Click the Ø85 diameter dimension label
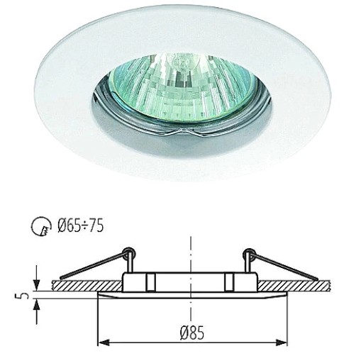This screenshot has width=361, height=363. pyautogui.click(x=191, y=333)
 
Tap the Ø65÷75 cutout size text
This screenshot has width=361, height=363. pyautogui.click(x=80, y=225)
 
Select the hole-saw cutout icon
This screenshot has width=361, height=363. pyautogui.click(x=41, y=226)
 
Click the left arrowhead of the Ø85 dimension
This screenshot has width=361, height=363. pyautogui.click(x=104, y=342)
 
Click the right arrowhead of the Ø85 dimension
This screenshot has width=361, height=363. pyautogui.click(x=282, y=342)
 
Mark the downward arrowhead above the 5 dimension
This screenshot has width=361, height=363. pyautogui.click(x=36, y=285)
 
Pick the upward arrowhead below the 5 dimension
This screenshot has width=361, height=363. pyautogui.click(x=36, y=306)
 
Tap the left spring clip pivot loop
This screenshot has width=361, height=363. pyautogui.click(x=129, y=252)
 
